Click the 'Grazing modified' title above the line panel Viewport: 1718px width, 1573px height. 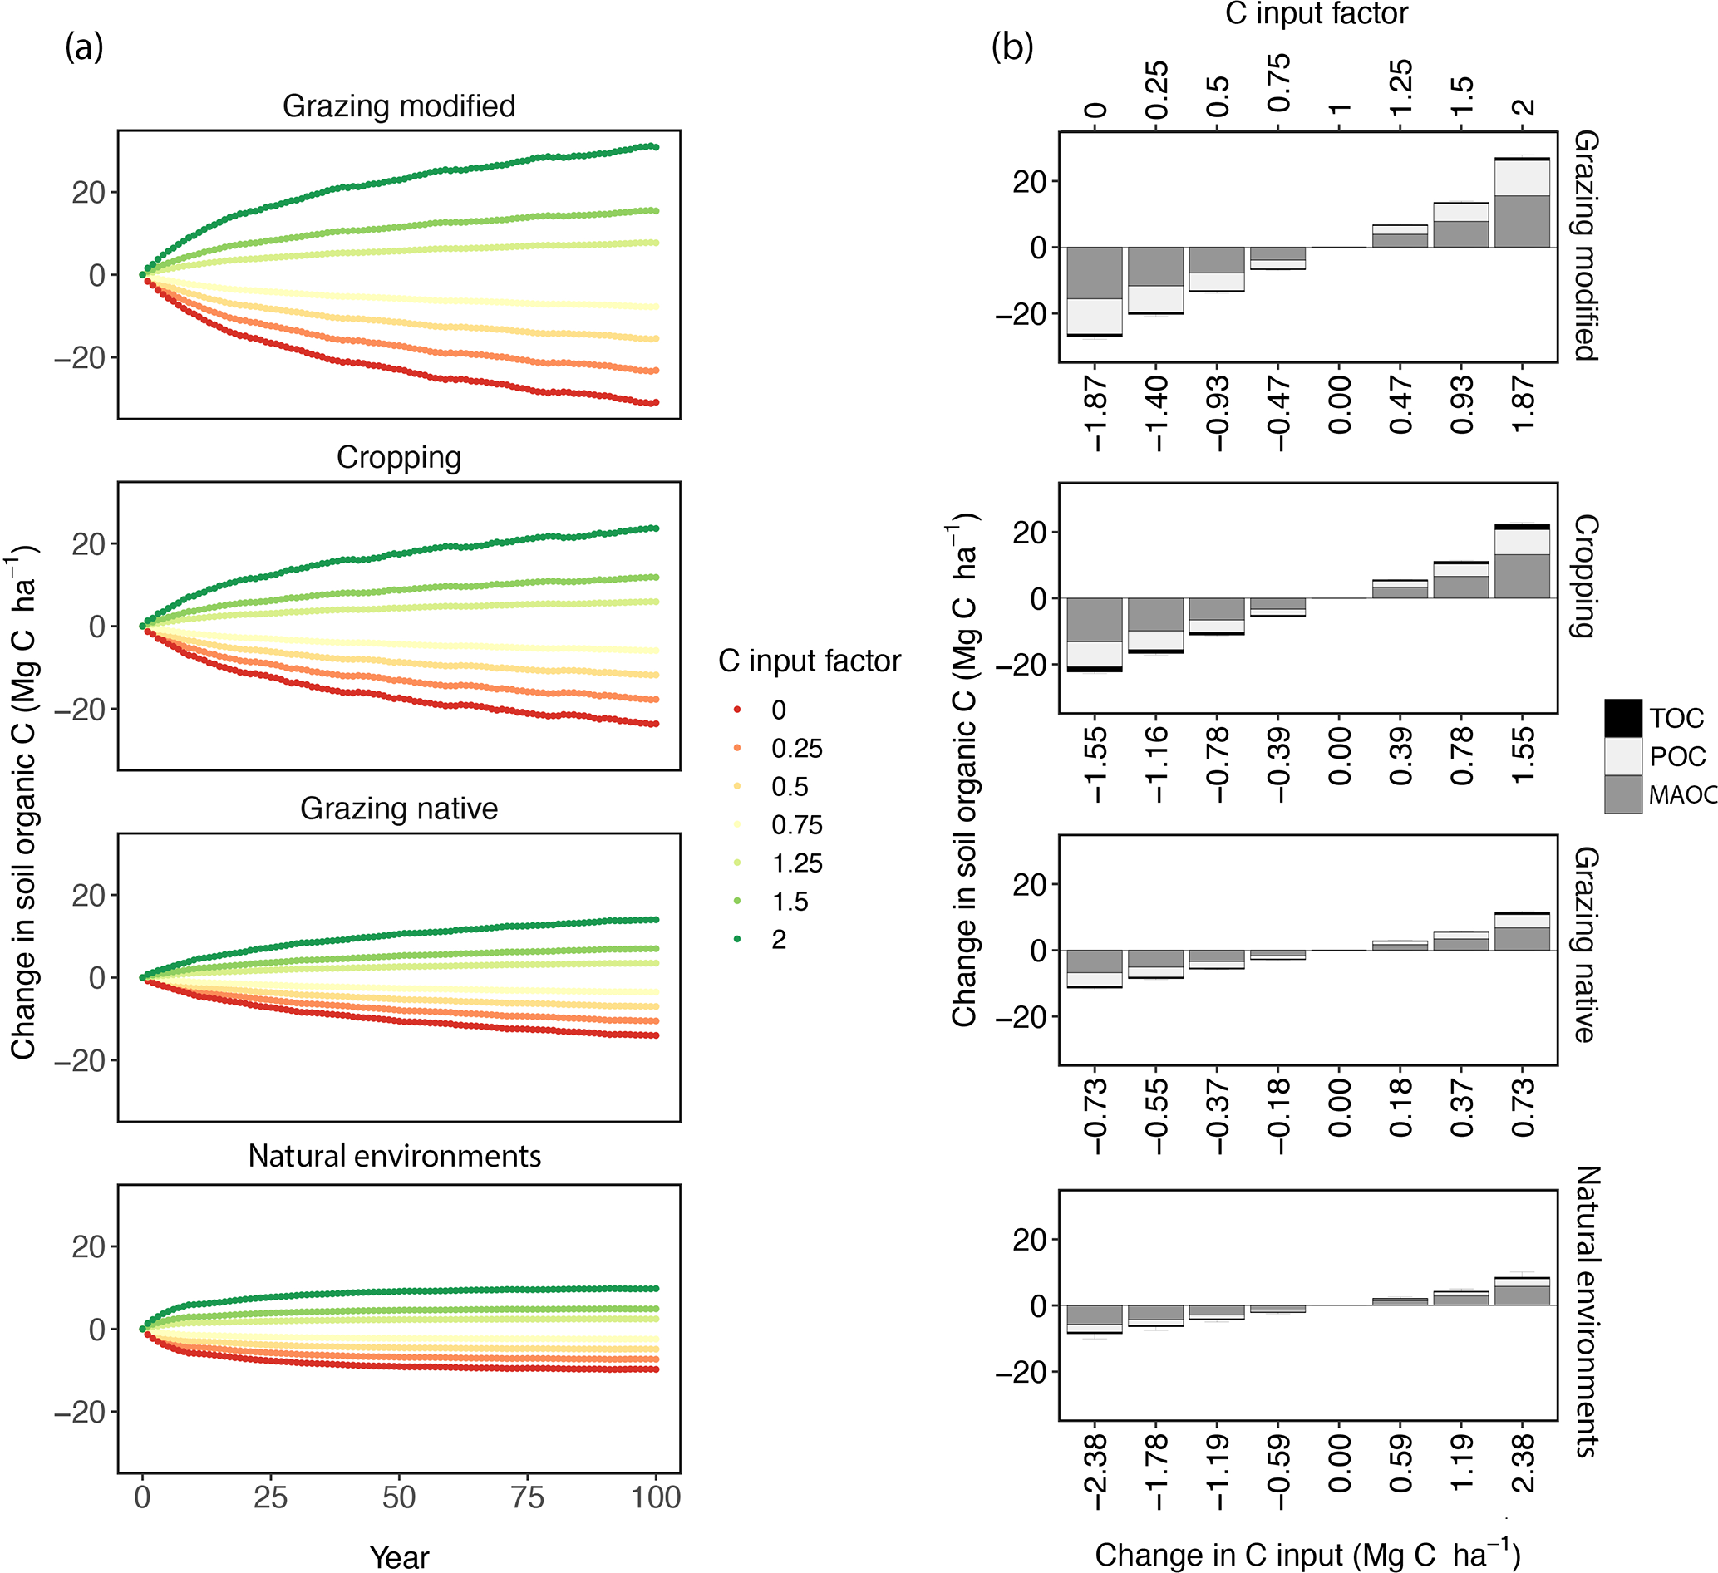pyautogui.click(x=399, y=106)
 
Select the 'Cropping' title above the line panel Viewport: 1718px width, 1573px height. pyautogui.click(x=399, y=458)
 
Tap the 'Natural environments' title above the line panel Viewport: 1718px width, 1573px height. pyautogui.click(x=395, y=1157)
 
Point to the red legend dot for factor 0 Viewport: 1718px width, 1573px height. pyautogui.click(x=737, y=710)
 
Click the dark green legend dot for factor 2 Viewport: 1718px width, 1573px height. pyautogui.click(x=737, y=939)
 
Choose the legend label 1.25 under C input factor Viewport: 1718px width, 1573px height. pyautogui.click(x=797, y=863)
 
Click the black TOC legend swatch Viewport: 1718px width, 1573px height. pyautogui.click(x=1622, y=718)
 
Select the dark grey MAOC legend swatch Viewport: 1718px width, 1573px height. pyautogui.click(x=1622, y=794)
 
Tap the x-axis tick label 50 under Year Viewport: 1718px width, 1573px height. pyautogui.click(x=399, y=1498)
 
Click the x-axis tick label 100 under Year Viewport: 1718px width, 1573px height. pyautogui.click(x=656, y=1498)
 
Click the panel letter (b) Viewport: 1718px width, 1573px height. pyautogui.click(x=1012, y=47)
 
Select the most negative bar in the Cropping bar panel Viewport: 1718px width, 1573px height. pyautogui.click(x=1095, y=635)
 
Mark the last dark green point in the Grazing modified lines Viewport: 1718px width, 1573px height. pyautogui.click(x=655, y=147)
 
